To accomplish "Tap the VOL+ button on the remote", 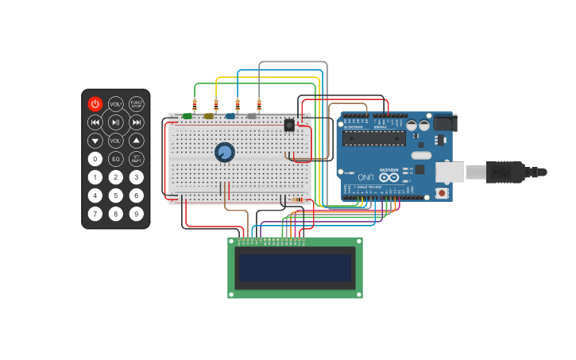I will [x=116, y=103].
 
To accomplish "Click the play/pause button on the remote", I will [x=116, y=122].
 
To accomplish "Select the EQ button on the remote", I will [x=116, y=159].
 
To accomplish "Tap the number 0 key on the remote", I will [x=95, y=159].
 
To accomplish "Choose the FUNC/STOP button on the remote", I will [x=137, y=103].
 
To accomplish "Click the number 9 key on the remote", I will [x=137, y=213].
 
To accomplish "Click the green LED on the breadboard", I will [x=187, y=116].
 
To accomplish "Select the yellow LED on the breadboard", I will [x=209, y=116].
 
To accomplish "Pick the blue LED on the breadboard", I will [x=230, y=116].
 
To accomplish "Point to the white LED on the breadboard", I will [x=252, y=116].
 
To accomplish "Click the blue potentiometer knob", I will [x=225, y=152].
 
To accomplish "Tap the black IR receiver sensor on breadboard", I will [x=289, y=124].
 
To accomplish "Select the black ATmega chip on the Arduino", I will [x=373, y=137].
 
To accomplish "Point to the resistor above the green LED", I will [x=195, y=104].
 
